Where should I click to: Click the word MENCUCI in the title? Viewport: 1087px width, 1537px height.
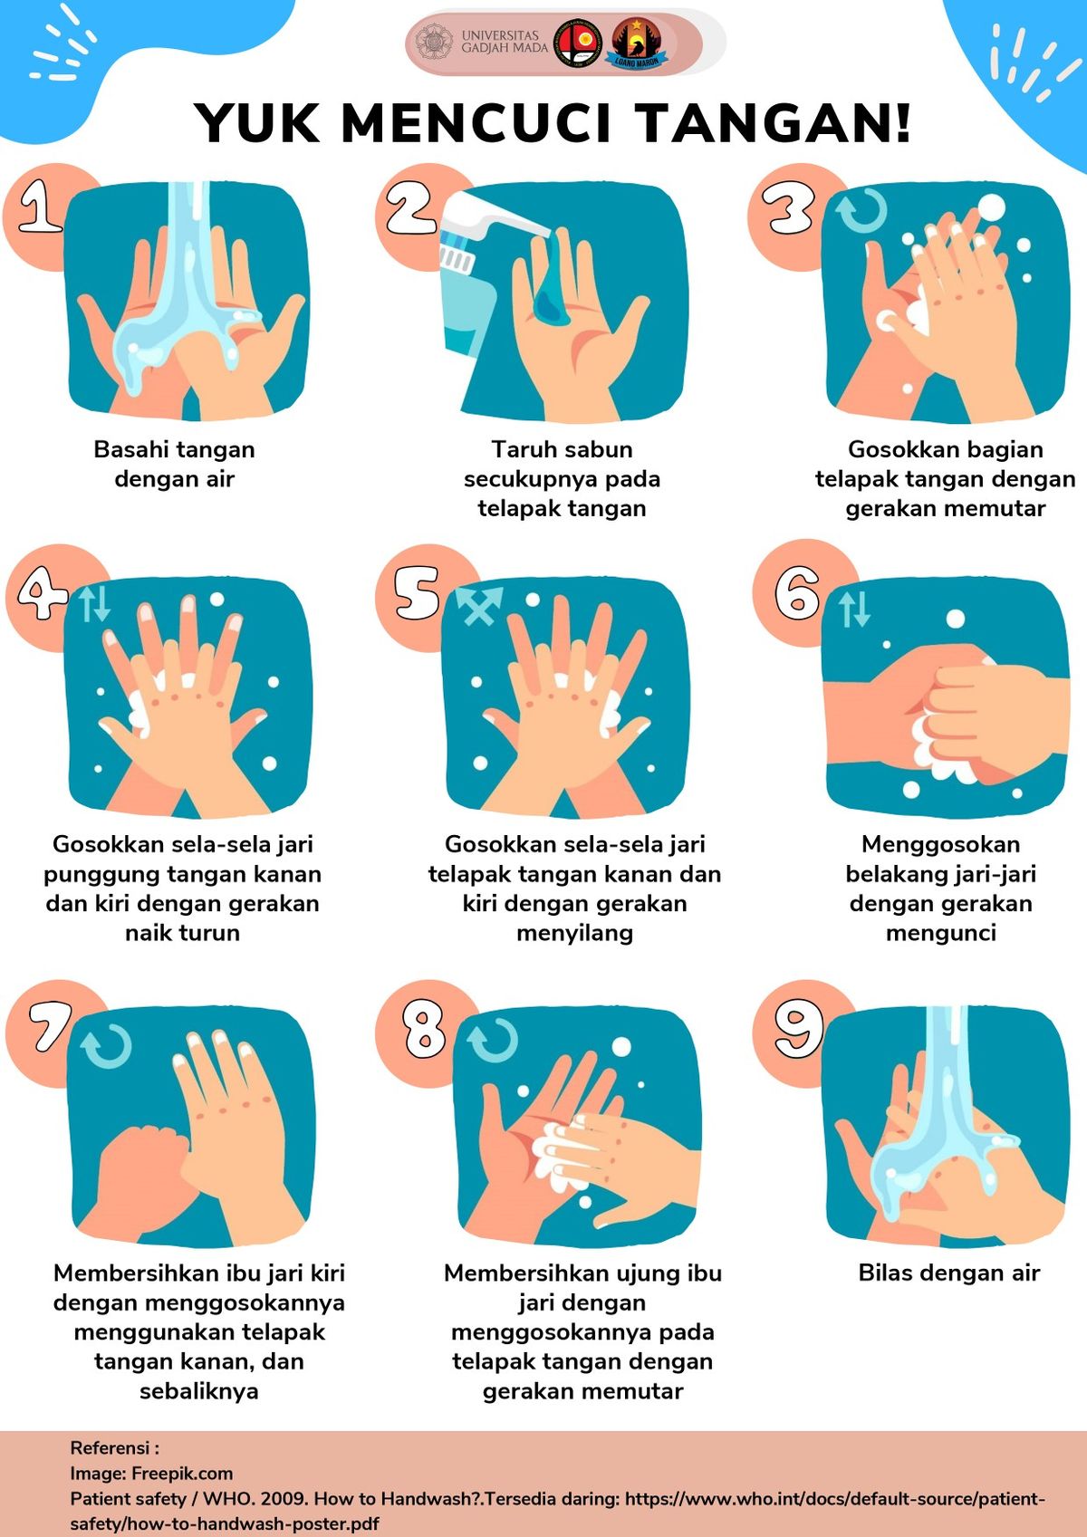pos(476,123)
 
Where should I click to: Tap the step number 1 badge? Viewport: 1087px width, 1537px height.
pos(41,206)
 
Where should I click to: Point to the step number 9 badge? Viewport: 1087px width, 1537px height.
pos(799,1028)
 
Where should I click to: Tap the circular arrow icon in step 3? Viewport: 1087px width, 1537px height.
pos(862,211)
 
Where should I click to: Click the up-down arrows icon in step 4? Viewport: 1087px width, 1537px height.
pos(94,604)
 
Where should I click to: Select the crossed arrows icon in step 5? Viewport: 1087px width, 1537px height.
pos(479,605)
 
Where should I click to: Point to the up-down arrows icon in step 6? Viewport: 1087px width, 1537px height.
pos(855,609)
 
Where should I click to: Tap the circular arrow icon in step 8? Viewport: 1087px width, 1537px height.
pos(492,1041)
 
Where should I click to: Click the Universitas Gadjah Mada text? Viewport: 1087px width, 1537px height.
pos(505,41)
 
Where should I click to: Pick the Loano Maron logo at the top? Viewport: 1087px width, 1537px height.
pos(636,43)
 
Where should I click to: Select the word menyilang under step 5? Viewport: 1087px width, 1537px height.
pos(574,933)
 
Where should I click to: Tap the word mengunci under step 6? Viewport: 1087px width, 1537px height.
pos(941,933)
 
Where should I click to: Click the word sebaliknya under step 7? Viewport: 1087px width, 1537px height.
pos(199,1391)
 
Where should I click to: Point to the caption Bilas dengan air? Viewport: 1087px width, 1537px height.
pos(949,1273)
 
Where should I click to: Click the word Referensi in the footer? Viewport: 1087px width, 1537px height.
pos(110,1448)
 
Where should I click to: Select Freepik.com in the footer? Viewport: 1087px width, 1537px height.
pos(182,1474)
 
